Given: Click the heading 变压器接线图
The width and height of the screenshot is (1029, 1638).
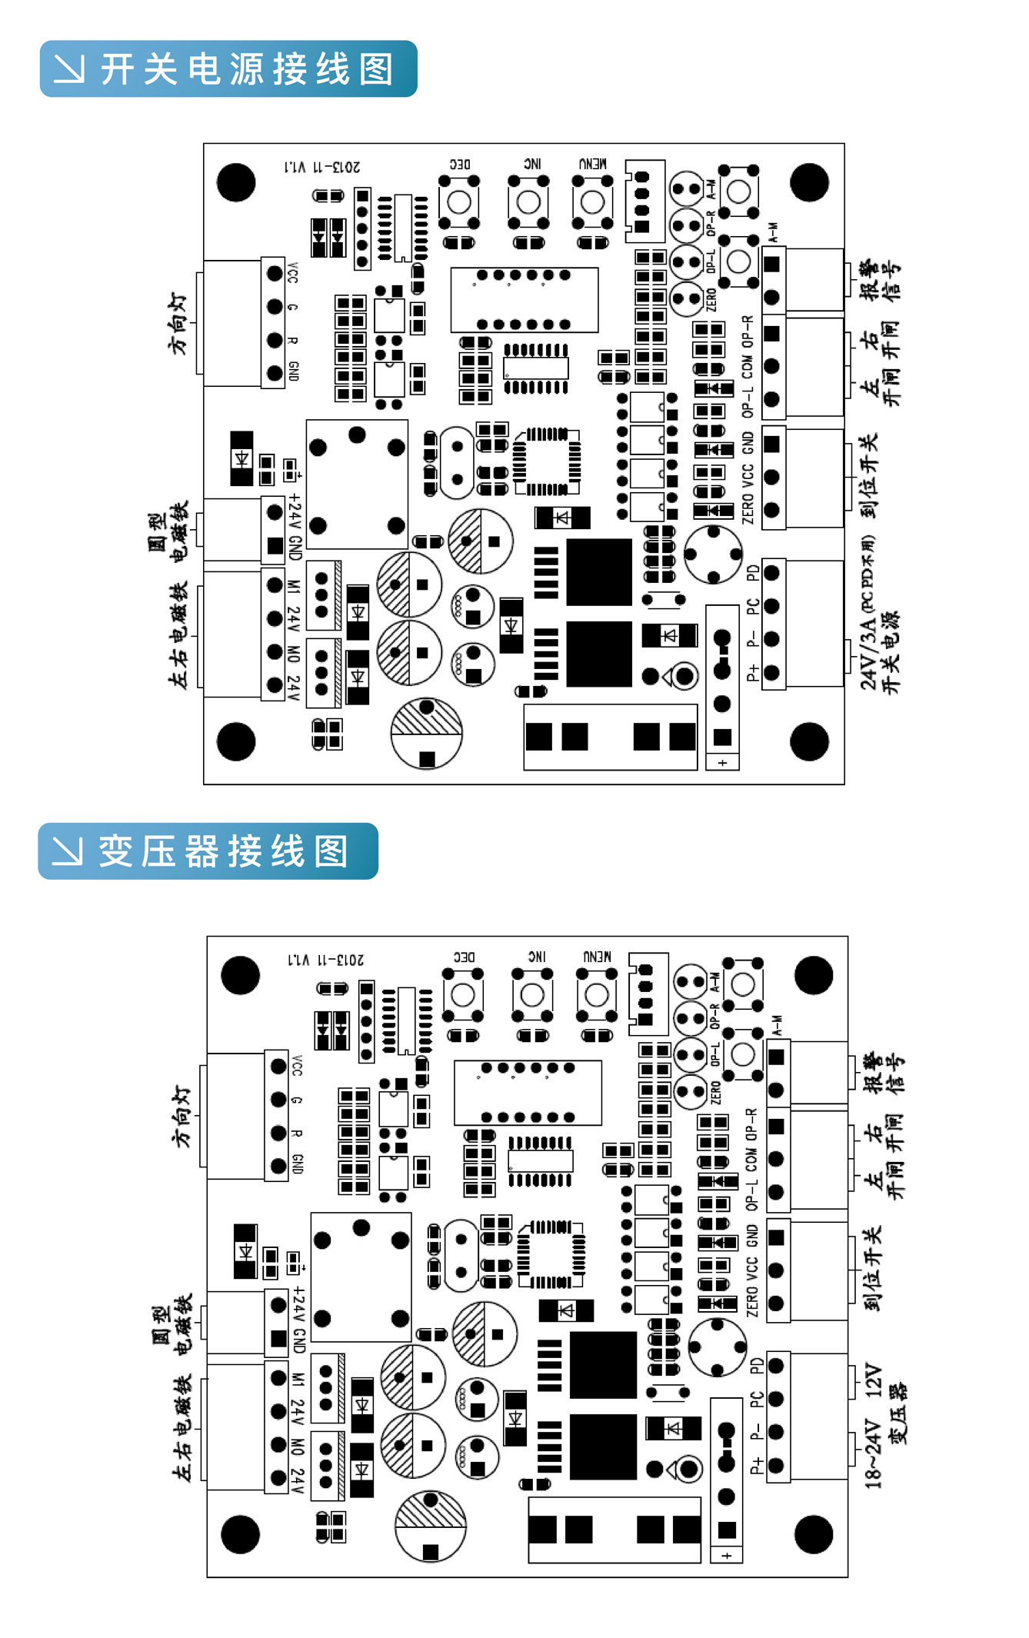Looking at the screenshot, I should pos(223,851).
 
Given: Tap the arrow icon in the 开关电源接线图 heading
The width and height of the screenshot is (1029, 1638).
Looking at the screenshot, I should pos(69,68).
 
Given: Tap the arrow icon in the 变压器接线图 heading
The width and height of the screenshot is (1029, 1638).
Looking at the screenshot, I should pos(67,851).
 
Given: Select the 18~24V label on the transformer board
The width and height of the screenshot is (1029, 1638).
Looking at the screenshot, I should pos(872,1454).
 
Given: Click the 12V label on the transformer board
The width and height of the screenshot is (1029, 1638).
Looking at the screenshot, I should pos(873,1380).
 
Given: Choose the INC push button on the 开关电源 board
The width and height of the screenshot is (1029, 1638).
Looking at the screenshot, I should pos(528,202).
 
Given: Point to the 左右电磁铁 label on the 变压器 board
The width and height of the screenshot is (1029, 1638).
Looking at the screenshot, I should pos(181,1428).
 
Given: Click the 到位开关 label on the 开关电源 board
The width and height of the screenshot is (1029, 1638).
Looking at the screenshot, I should pos(868,477).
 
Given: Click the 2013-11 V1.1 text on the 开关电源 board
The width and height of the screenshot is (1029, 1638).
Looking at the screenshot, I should pos(322,167).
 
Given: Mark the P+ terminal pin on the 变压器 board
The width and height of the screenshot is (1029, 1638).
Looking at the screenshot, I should pos(775,1465).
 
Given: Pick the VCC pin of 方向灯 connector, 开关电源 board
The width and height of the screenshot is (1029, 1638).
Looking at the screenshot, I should pos(275,273).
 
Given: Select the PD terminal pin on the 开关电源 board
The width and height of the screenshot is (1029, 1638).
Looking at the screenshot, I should pos(771,572).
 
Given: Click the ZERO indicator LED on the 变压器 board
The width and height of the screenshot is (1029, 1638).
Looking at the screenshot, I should pos(690,1090).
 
